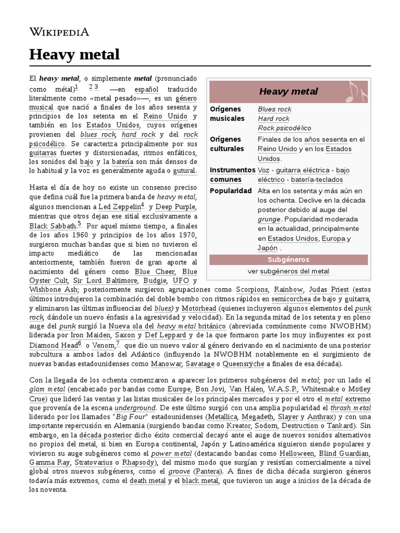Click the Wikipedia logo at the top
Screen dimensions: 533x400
tap(59, 32)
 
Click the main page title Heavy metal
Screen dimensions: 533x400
tap(74, 54)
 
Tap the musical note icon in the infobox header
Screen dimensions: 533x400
tap(357, 92)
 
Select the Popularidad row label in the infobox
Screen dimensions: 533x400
tap(231, 191)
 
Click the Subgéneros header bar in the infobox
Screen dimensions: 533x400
tap(288, 259)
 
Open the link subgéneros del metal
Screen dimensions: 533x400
tap(294, 271)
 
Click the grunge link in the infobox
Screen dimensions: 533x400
tap(269, 219)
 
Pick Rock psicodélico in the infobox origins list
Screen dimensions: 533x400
tap(284, 128)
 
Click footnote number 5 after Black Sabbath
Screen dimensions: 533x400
tap(79, 224)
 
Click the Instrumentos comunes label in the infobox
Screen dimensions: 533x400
tap(232, 175)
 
